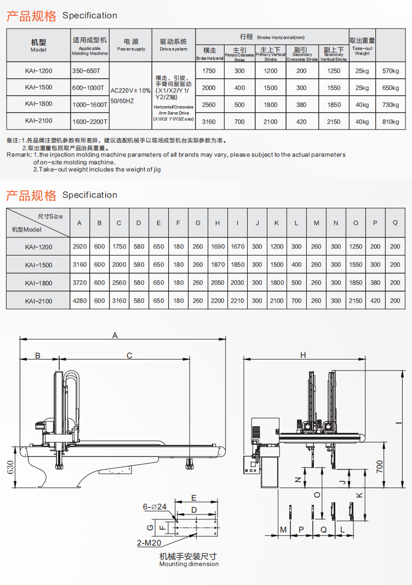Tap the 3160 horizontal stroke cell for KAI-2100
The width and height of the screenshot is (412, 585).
point(209,121)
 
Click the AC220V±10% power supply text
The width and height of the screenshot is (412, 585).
point(130,90)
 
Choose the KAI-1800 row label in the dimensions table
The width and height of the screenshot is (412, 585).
point(38,283)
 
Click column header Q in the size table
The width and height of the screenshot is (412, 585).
point(395,223)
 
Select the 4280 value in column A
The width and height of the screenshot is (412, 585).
point(79,300)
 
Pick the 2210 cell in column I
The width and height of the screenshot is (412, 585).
point(237,300)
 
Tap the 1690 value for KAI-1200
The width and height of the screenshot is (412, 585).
point(218,247)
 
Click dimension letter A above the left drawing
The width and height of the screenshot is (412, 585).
point(115,335)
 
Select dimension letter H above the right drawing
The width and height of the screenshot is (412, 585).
point(303,355)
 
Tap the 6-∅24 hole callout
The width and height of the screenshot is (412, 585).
point(154,507)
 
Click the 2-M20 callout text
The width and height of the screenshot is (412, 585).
point(148,543)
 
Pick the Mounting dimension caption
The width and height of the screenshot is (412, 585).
point(188,564)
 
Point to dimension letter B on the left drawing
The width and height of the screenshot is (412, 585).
point(38,356)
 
